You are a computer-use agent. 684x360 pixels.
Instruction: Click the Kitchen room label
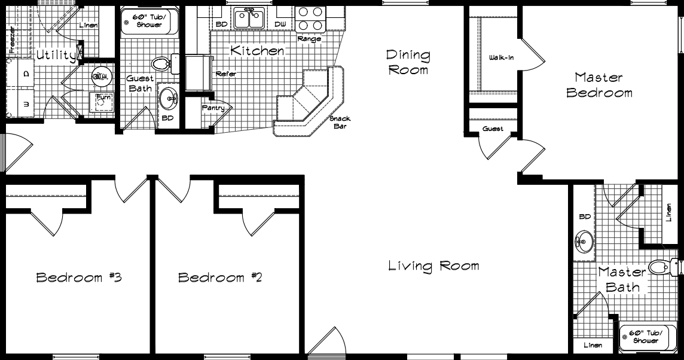pos(257,51)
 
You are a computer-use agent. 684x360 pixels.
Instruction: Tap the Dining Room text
pos(408,62)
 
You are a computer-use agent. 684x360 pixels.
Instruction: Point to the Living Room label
pos(433,266)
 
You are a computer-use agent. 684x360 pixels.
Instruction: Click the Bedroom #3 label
pos(79,277)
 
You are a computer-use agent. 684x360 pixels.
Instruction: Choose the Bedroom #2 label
pos(221,277)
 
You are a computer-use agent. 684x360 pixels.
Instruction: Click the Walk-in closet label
pos(501,58)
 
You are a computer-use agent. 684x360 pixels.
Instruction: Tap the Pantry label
pos(213,108)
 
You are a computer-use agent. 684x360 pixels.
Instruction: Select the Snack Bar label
pos(340,123)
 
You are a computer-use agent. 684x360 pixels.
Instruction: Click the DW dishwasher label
pos(280,25)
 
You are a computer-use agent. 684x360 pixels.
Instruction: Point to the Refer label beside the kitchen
pos(225,74)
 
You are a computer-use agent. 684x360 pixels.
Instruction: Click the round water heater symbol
pos(100,76)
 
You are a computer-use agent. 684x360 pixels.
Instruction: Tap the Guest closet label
pos(493,129)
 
